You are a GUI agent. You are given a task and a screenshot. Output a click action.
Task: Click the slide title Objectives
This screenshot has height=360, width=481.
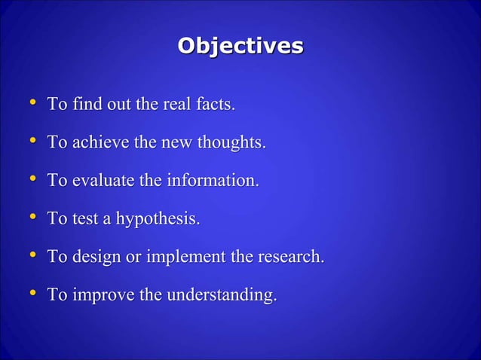click(x=240, y=46)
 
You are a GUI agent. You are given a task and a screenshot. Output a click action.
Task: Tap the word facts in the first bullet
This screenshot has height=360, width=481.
click(x=216, y=104)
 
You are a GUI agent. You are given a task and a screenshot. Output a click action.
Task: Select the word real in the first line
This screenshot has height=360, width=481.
click(x=176, y=104)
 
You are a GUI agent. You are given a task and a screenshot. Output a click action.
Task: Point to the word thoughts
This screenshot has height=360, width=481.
click(x=231, y=142)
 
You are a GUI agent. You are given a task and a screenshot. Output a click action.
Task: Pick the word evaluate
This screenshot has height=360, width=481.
click(x=101, y=181)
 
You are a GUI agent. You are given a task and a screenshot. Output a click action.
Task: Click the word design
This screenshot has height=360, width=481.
click(x=93, y=257)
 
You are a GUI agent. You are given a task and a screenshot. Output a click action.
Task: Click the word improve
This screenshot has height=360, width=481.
click(x=100, y=296)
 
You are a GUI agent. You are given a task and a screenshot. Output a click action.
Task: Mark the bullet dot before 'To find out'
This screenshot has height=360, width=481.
click(x=31, y=102)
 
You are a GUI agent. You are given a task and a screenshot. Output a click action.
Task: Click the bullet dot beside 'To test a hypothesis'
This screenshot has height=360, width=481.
click(x=31, y=218)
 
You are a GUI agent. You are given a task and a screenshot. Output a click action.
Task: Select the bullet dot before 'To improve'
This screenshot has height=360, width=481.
click(x=31, y=294)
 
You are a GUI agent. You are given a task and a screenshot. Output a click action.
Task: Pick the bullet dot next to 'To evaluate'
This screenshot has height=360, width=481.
click(x=31, y=179)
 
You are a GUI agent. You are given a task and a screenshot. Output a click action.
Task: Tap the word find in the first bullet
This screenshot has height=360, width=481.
click(x=85, y=104)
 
